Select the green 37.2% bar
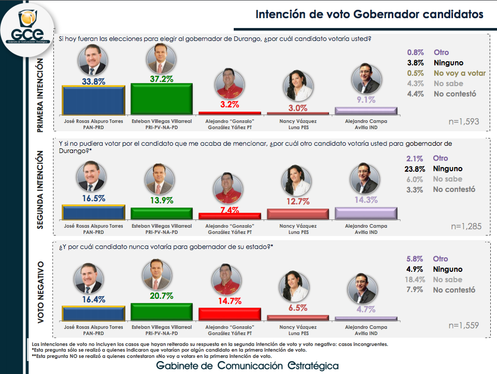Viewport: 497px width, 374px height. coord(162,99)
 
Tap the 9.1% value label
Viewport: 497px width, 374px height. coord(365,100)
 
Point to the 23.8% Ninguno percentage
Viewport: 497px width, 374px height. coord(415,169)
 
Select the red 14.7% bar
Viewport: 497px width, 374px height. coord(230,314)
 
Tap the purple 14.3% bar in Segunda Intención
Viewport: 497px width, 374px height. coord(366,213)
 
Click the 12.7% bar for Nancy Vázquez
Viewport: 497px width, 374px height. coord(298,214)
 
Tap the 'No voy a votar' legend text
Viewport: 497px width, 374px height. coord(460,73)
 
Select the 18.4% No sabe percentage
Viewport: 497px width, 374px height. coord(415,280)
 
